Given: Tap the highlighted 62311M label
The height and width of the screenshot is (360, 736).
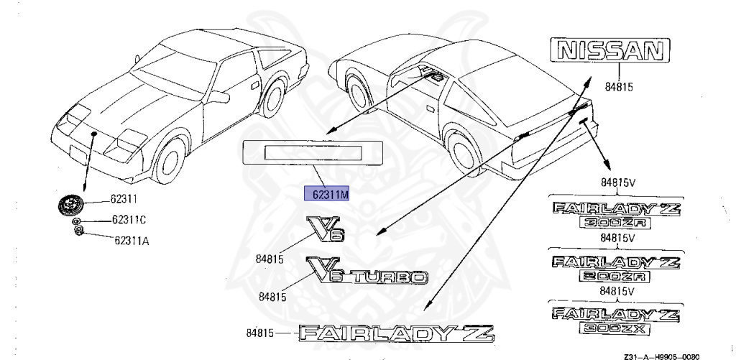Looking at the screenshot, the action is point(328,194).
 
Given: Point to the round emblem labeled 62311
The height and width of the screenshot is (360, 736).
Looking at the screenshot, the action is point(70,204).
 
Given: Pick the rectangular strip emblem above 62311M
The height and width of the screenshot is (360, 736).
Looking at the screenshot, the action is point(313,152).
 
